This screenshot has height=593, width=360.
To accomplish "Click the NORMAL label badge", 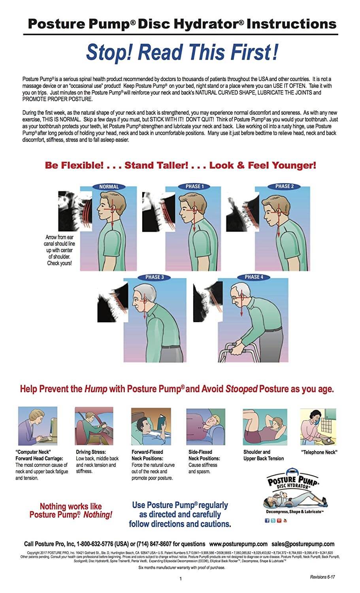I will pyautogui.click(x=109, y=187).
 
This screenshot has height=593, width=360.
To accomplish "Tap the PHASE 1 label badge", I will pyautogui.click(x=194, y=186).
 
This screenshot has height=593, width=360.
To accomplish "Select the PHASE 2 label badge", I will pyautogui.click(x=285, y=186).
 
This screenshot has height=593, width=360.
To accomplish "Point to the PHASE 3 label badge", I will pyautogui.click(x=155, y=277).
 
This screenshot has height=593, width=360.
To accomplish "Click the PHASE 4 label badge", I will pyautogui.click(x=254, y=277).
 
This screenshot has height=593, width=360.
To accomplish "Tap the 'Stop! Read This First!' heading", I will pyautogui.click(x=182, y=52).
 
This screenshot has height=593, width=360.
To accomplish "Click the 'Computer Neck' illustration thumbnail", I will pyautogui.click(x=37, y=427).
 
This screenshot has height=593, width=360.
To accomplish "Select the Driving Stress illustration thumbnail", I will pyautogui.click(x=94, y=427).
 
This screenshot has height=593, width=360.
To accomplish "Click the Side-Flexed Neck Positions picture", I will pyautogui.click(x=205, y=427).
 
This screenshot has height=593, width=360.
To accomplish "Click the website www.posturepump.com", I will pyautogui.click(x=238, y=544).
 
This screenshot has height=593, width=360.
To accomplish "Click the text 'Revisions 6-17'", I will pyautogui.click(x=322, y=577).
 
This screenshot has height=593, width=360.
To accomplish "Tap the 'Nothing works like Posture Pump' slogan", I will pyautogui.click(x=71, y=510).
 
